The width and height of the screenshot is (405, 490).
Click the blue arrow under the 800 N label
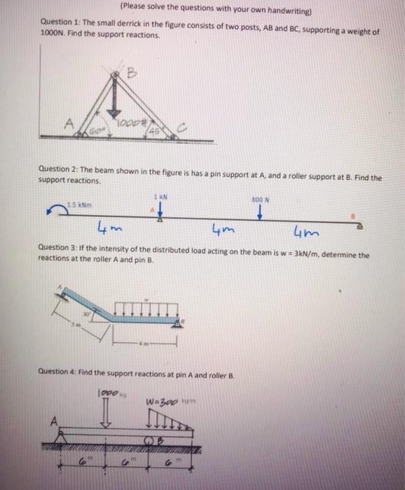coord(259,213)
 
